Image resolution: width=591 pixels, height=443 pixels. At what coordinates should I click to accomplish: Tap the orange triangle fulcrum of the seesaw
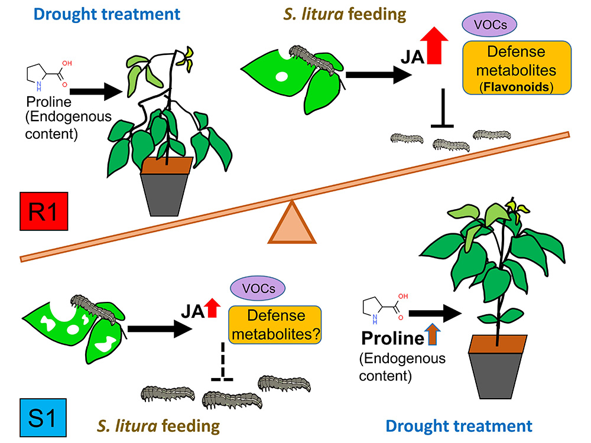tap(291, 223)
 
